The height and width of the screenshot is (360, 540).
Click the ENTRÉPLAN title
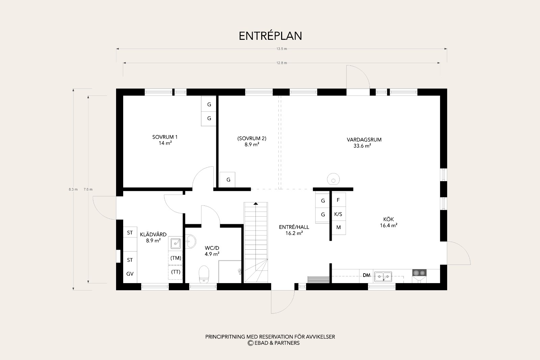point(270,36)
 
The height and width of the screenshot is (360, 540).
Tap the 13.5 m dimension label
point(281,49)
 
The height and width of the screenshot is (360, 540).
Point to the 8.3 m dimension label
point(73,189)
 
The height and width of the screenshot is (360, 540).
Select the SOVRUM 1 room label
point(165,137)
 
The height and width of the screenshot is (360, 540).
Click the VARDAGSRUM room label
point(364,140)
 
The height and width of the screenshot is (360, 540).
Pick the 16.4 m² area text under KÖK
point(388,225)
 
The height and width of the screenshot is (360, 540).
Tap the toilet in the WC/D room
point(204,274)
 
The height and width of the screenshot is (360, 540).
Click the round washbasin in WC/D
point(191,241)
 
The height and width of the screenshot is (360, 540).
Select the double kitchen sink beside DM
point(383,276)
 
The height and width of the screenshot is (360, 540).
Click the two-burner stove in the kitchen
point(419,273)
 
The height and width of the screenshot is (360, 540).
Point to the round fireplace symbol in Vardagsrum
point(333,179)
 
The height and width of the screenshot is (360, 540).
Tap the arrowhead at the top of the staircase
point(256,203)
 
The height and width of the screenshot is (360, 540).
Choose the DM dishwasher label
point(367,275)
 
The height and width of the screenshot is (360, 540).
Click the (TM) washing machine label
point(176,258)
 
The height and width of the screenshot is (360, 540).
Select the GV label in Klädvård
point(130,274)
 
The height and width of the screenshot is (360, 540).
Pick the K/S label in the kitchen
point(338,214)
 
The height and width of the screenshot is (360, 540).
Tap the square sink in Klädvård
point(175,243)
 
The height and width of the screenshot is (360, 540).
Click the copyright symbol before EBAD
point(250,343)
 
